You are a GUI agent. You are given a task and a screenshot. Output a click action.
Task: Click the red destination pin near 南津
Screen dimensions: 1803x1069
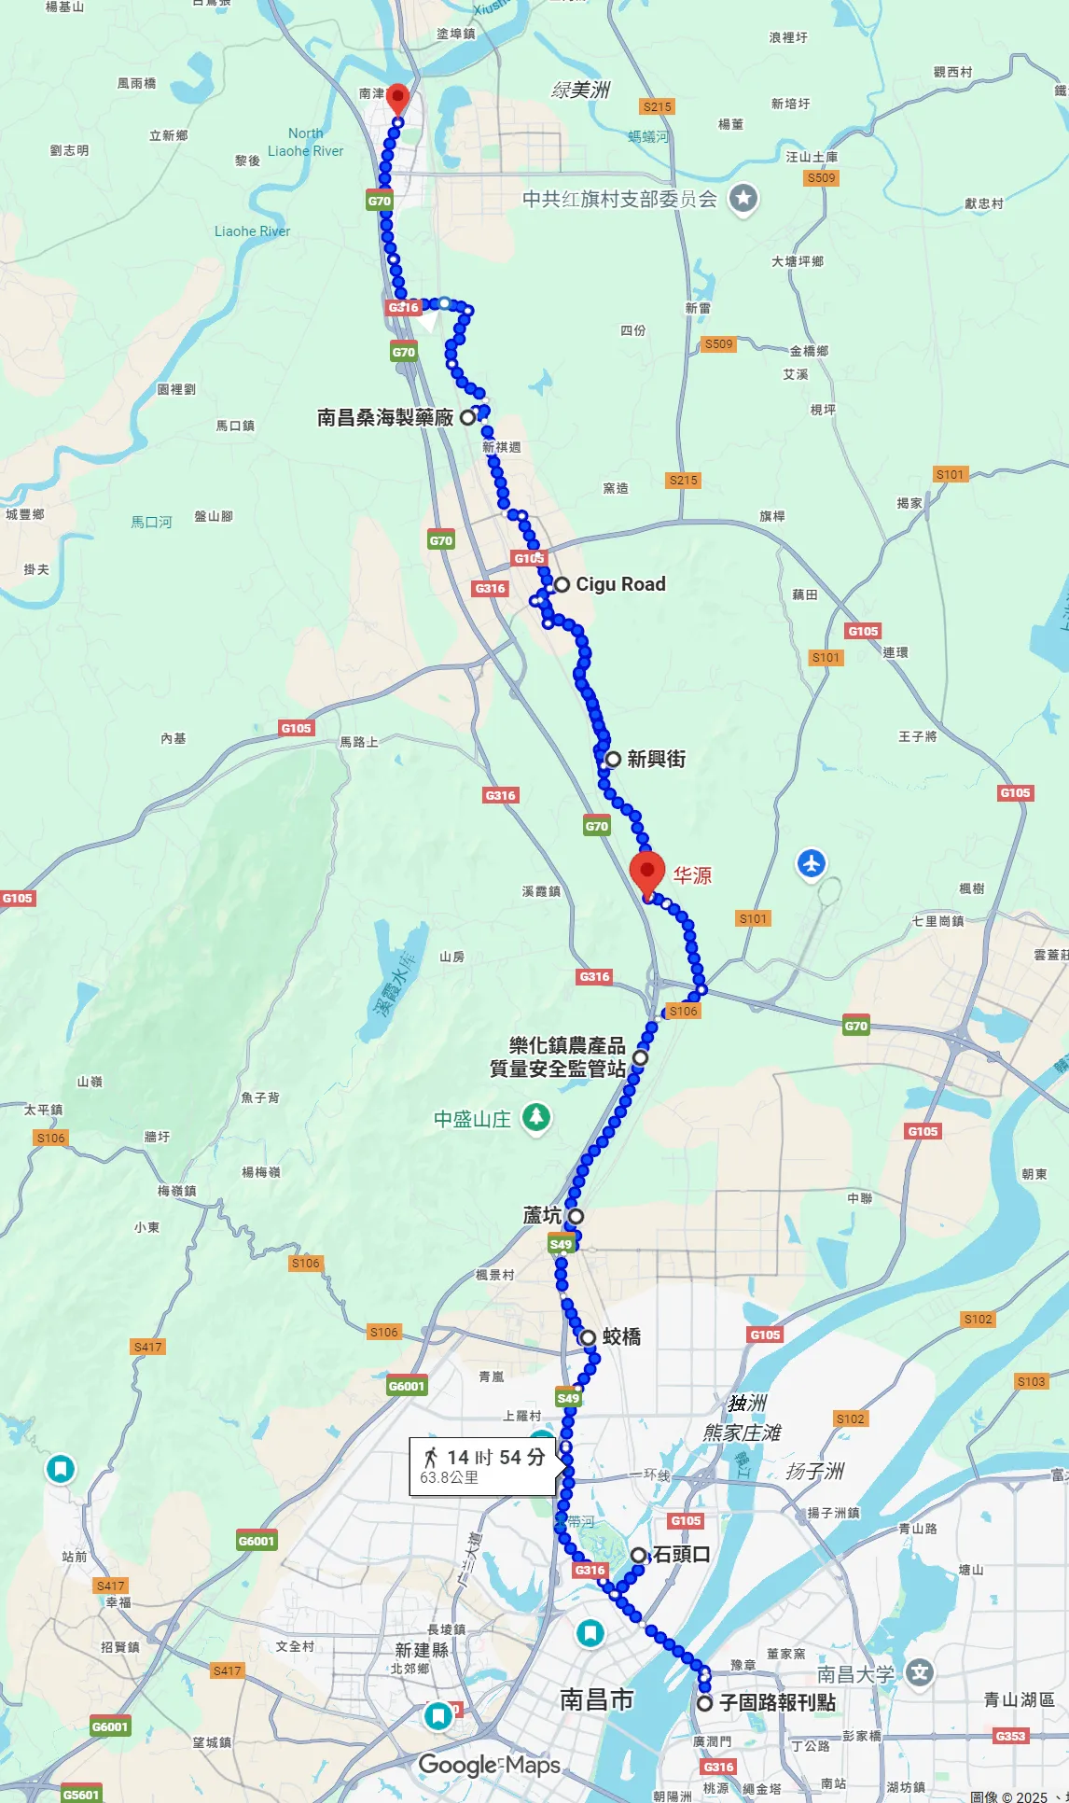pyautogui.click(x=397, y=97)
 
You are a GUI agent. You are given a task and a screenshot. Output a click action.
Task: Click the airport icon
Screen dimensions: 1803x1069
pyautogui.click(x=811, y=863)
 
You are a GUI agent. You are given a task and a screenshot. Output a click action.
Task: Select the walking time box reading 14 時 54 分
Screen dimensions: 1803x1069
pyautogui.click(x=483, y=1466)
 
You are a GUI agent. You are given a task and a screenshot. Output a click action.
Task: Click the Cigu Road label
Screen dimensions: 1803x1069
pyautogui.click(x=620, y=584)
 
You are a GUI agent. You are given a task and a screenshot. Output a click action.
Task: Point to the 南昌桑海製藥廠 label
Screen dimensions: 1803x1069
pyautogui.click(x=385, y=417)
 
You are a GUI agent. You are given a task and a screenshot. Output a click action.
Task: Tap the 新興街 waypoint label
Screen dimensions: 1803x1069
pyautogui.click(x=656, y=759)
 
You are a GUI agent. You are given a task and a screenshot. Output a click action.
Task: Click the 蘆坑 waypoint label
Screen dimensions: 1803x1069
pyautogui.click(x=542, y=1215)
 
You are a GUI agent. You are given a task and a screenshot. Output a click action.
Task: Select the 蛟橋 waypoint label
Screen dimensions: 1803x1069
pyautogui.click(x=621, y=1336)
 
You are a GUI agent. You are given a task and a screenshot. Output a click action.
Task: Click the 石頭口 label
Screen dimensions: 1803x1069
pyautogui.click(x=681, y=1554)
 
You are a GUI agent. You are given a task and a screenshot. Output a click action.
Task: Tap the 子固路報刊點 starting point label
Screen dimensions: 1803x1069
pyautogui.click(x=777, y=1702)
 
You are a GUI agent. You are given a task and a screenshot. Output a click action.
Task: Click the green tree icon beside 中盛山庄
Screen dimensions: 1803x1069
pyautogui.click(x=535, y=1117)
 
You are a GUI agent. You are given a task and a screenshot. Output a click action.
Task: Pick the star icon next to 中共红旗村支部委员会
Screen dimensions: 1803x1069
pyautogui.click(x=743, y=198)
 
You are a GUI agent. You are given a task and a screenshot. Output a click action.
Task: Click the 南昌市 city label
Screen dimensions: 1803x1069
pyautogui.click(x=596, y=1699)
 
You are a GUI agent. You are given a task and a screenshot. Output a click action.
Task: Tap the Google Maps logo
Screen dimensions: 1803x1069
pyautogui.click(x=489, y=1765)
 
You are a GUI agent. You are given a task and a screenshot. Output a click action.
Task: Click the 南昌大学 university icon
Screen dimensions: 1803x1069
pyautogui.click(x=920, y=1672)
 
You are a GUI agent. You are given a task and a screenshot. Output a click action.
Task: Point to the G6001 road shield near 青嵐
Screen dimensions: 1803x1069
pyautogui.click(x=407, y=1386)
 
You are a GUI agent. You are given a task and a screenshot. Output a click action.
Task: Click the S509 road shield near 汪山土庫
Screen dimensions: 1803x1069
pyautogui.click(x=821, y=177)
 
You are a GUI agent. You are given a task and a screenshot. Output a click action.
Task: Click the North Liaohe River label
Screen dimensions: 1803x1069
pyautogui.click(x=305, y=142)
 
